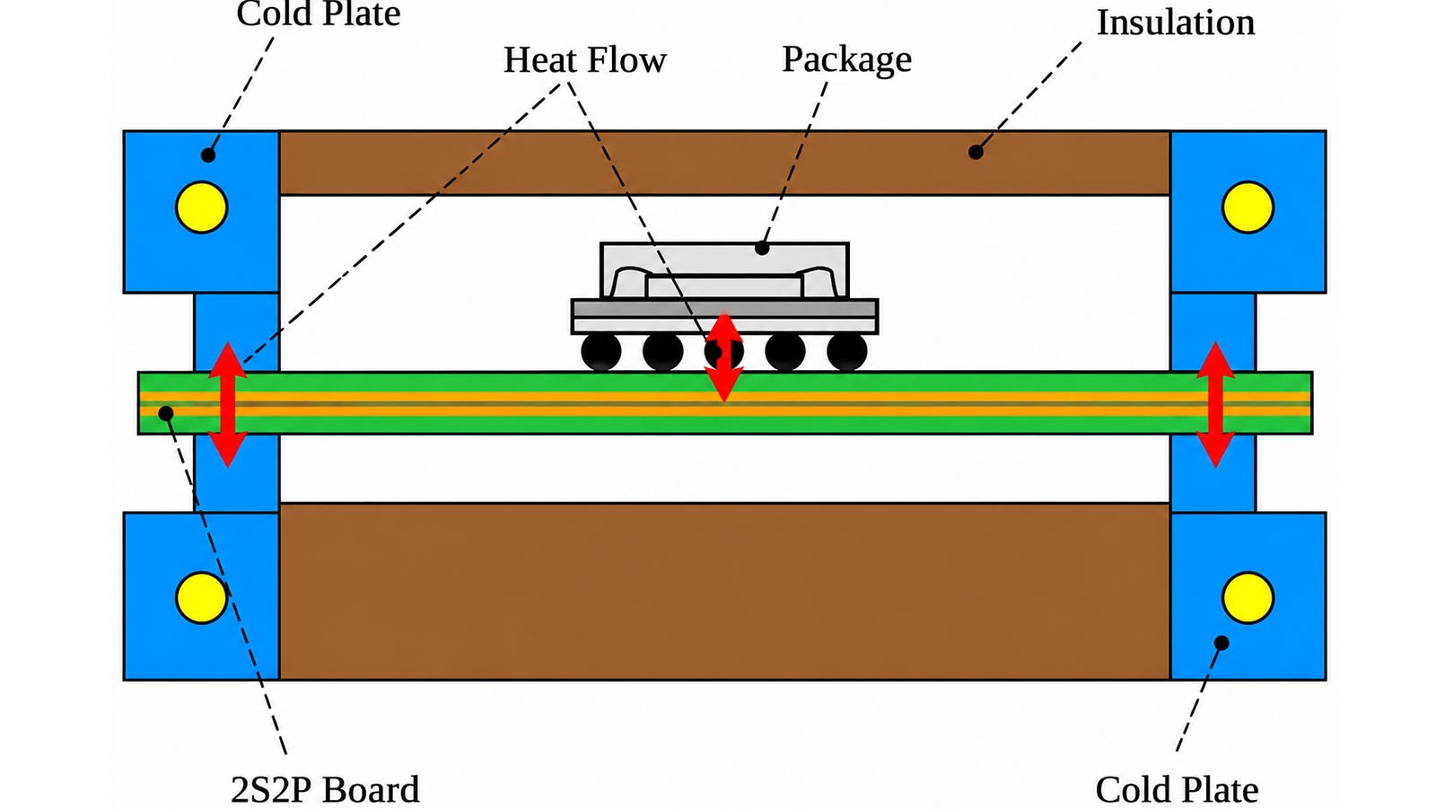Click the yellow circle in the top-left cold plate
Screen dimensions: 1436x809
pos(201,207)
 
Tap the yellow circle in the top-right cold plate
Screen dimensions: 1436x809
pos(1248,207)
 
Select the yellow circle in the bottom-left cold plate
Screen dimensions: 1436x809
pos(201,597)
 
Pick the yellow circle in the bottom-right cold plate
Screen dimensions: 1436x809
pos(1248,597)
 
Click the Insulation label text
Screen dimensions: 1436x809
pos(1175,23)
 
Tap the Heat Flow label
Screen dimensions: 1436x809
pos(584,59)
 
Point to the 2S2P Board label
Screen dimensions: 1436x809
pos(325,789)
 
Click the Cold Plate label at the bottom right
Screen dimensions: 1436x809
pos(1177,789)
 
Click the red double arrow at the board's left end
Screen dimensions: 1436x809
pos(228,404)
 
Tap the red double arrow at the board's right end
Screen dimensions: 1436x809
pos(1215,404)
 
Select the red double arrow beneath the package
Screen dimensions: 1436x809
pos(723,356)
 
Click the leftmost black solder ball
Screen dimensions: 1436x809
pos(601,352)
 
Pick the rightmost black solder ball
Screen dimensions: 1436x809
pos(847,352)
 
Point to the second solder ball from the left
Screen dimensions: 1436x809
pos(663,352)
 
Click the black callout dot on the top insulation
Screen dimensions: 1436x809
pos(976,152)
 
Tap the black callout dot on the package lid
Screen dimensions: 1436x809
pos(762,248)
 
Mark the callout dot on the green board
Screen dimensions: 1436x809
pos(166,413)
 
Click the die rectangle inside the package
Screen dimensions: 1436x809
pos(723,286)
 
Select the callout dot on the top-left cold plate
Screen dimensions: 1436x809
pos(207,154)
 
